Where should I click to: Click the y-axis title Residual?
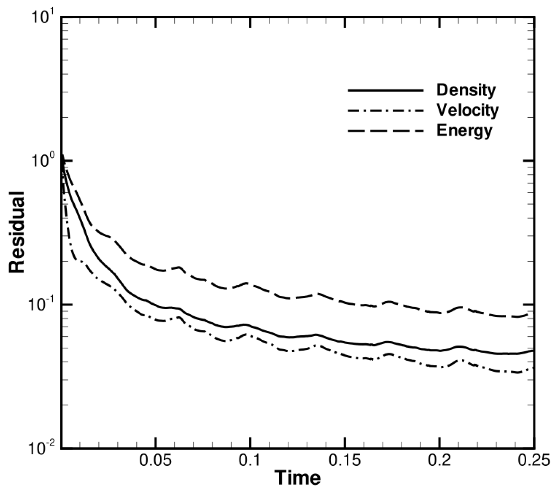click(x=17, y=232)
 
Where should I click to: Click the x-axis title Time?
click(x=298, y=478)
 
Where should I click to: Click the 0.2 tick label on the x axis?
click(x=440, y=460)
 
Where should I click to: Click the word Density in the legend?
click(x=466, y=90)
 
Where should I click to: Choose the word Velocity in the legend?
click(x=468, y=110)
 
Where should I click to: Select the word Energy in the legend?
click(x=464, y=130)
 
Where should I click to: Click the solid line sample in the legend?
click(x=385, y=91)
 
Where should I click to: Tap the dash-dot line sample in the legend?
click(x=385, y=110)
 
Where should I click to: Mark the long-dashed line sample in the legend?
click(x=385, y=130)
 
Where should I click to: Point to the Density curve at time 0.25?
click(x=533, y=351)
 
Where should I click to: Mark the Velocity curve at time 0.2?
click(x=440, y=367)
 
